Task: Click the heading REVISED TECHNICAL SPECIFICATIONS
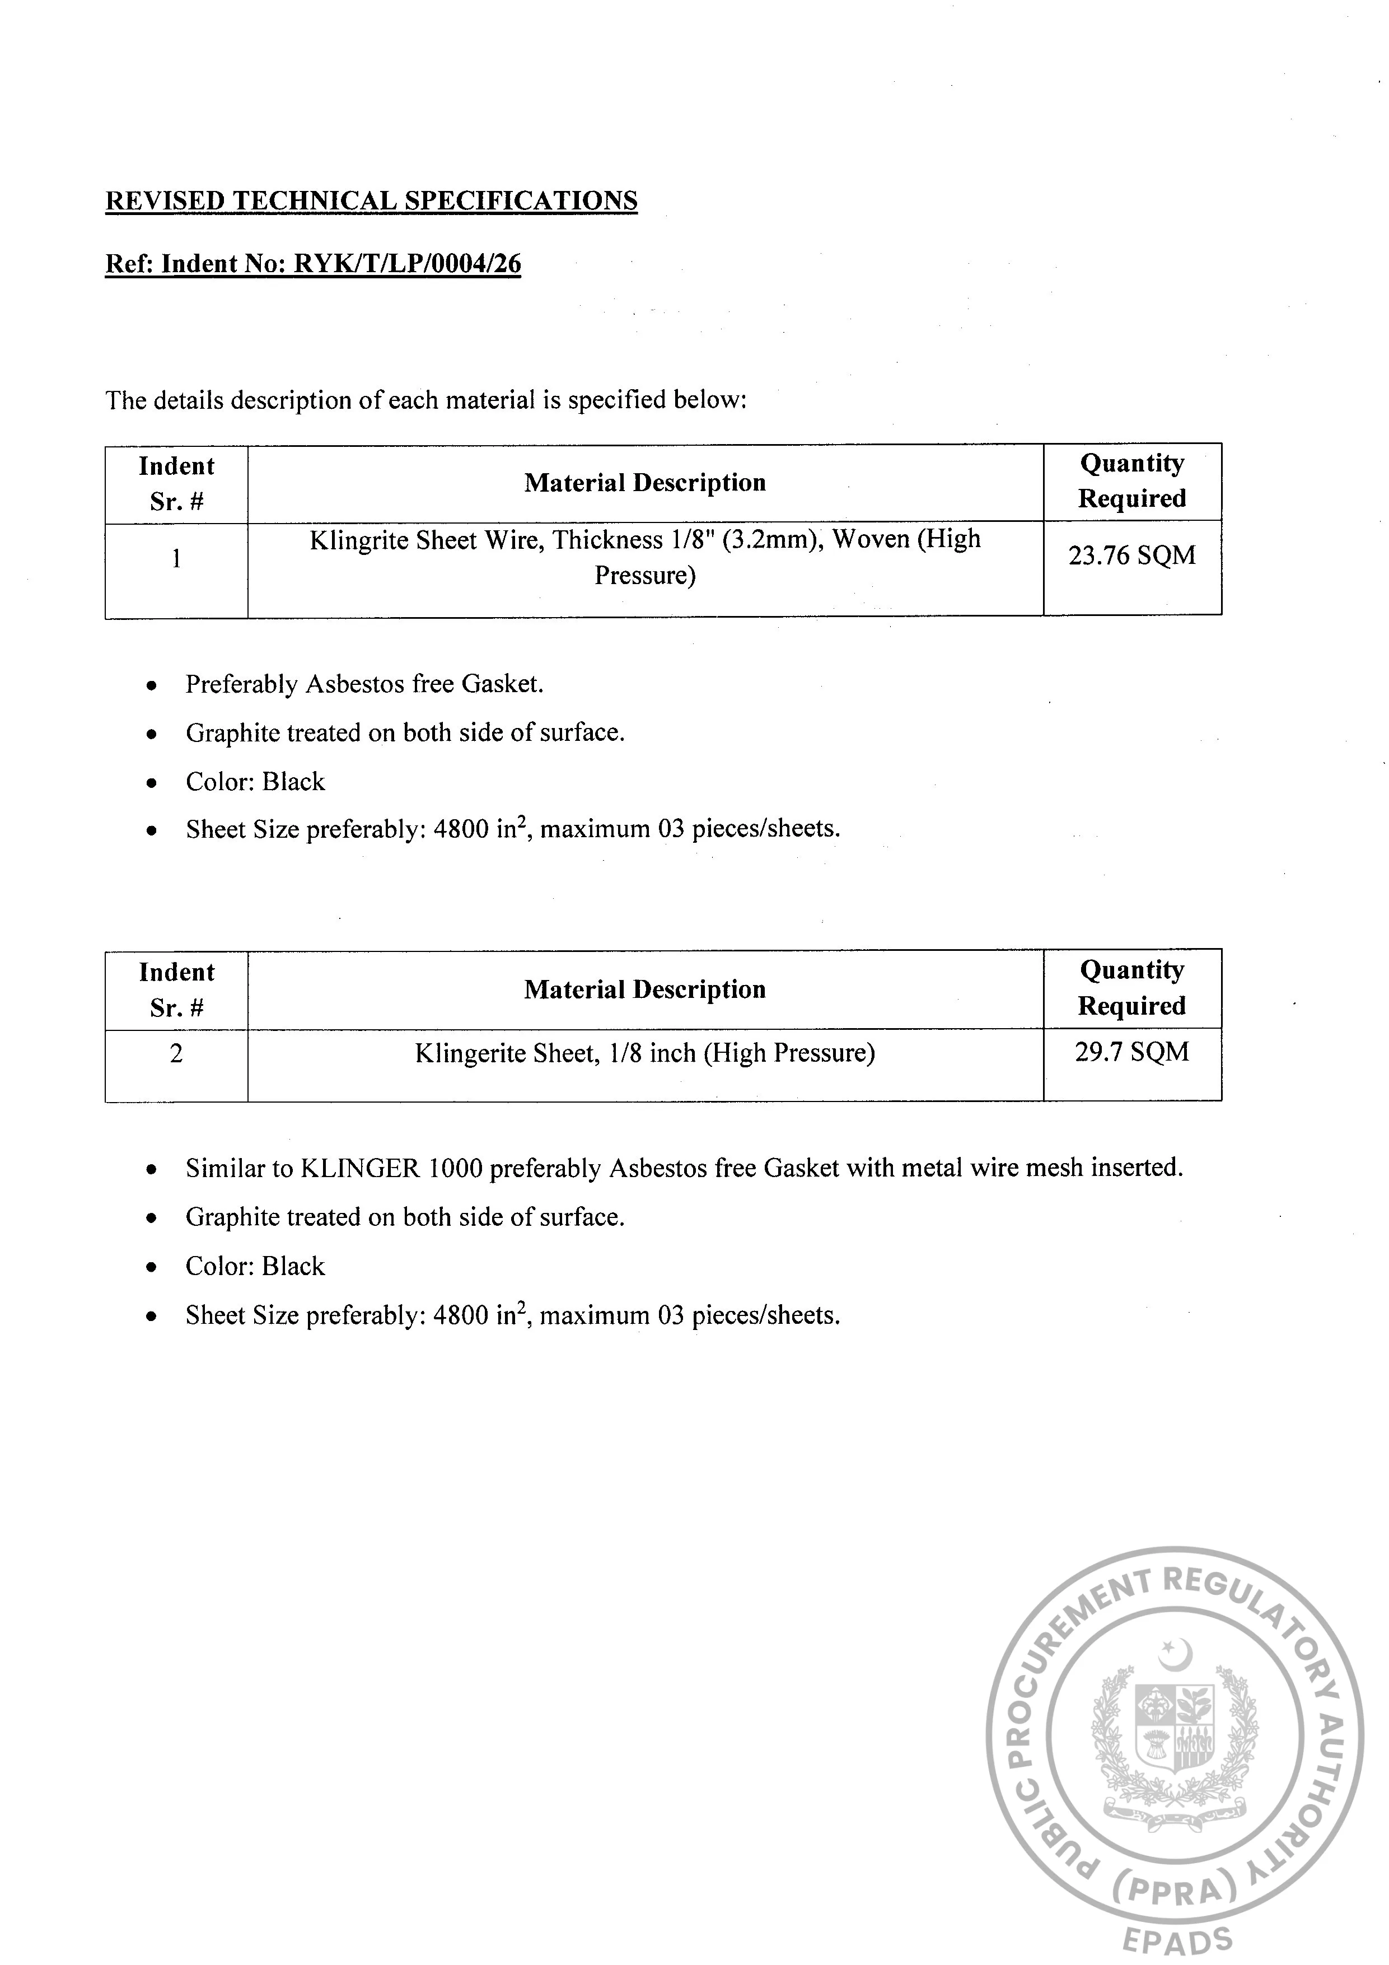pos(371,200)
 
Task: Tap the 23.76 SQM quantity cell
pos(1131,556)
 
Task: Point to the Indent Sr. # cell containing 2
pos(176,1053)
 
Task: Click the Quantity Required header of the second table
pos(1131,988)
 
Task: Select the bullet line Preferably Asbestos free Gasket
pos(364,685)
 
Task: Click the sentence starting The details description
pos(426,400)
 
